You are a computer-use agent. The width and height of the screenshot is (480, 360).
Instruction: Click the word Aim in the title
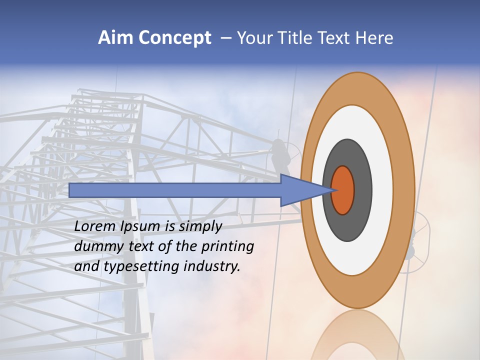click(x=115, y=38)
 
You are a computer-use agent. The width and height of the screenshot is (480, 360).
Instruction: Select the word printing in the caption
click(x=227, y=247)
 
